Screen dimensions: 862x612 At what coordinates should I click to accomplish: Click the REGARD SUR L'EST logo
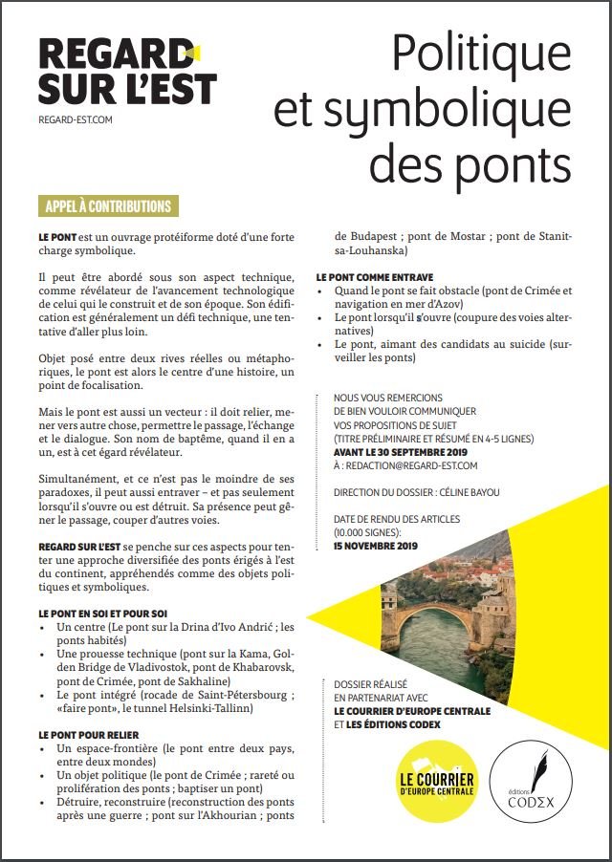(126, 73)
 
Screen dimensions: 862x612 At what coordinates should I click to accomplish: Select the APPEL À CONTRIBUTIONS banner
(108, 206)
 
